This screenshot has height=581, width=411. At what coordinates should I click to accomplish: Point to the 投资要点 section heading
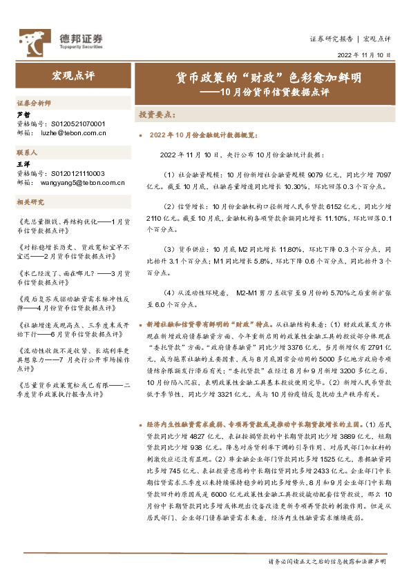pyautogui.click(x=158, y=114)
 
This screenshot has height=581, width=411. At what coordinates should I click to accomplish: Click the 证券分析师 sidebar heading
pyautogui.click(x=34, y=102)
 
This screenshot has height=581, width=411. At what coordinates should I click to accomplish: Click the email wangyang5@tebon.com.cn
pyautogui.click(x=86, y=183)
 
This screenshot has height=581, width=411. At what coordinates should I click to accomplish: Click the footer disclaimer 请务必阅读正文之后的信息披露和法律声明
pyautogui.click(x=327, y=562)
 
